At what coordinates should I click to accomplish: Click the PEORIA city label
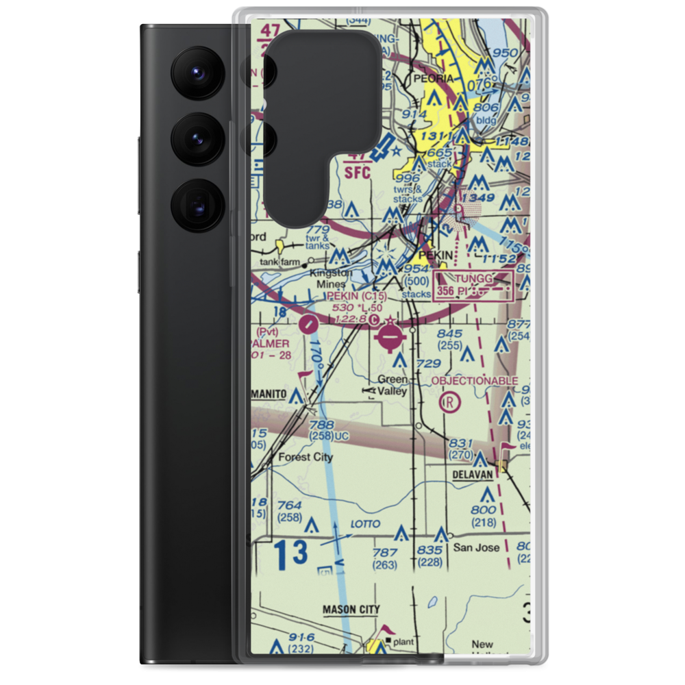tap(431, 79)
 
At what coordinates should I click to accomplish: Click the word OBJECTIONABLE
tap(474, 380)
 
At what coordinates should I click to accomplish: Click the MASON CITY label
tap(351, 609)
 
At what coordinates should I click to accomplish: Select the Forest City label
tap(305, 457)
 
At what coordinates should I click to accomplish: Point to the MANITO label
tap(269, 395)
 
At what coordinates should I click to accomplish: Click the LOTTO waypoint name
tap(365, 524)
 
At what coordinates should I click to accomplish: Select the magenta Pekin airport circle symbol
tap(390, 336)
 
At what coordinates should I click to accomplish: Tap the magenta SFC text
tap(357, 171)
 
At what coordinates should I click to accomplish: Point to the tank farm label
tap(282, 261)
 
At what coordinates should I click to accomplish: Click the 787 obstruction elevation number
tap(384, 553)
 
